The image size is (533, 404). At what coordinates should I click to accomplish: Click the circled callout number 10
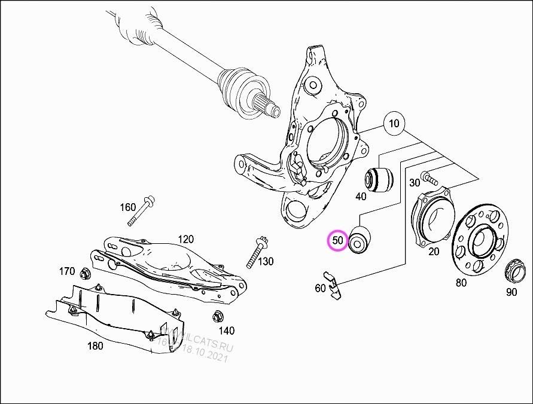click(x=394, y=124)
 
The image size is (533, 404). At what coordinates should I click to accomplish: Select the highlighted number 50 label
click(x=338, y=241)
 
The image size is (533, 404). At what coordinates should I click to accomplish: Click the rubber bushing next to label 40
click(x=378, y=177)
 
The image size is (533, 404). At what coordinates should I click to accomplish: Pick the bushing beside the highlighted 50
click(x=360, y=240)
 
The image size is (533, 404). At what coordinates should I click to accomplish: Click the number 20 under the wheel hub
click(x=433, y=252)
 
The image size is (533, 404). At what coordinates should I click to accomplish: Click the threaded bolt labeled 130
click(x=255, y=252)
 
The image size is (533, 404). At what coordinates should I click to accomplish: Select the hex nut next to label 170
click(x=86, y=274)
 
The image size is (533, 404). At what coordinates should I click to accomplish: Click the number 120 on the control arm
click(x=185, y=239)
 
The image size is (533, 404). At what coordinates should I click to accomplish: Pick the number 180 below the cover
click(x=95, y=345)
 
